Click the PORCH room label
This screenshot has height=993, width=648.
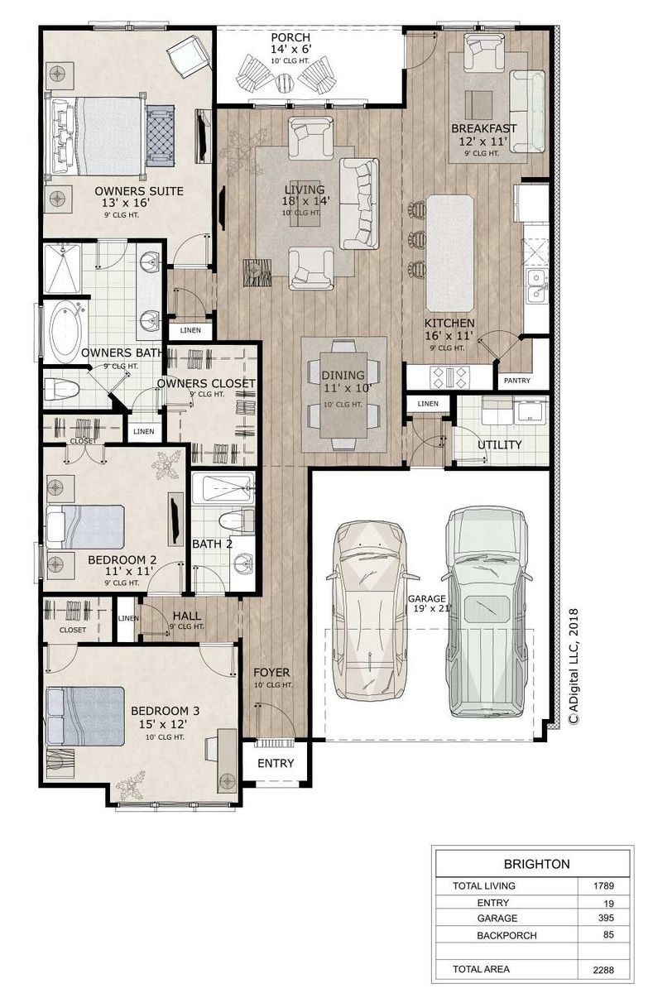[x=290, y=37]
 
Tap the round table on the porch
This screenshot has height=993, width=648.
[x=284, y=83]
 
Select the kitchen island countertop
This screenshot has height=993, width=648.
[x=449, y=253]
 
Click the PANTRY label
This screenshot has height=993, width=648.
[x=516, y=380]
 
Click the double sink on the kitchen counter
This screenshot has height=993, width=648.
[x=536, y=285]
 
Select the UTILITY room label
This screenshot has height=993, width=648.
[x=499, y=444]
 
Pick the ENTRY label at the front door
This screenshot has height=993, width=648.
[x=276, y=763]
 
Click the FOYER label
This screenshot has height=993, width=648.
[x=271, y=673]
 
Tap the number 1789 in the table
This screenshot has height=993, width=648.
[x=603, y=885]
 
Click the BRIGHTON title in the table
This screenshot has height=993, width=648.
[x=536, y=864]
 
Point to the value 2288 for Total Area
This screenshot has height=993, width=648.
[x=603, y=970]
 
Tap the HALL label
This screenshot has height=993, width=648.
[x=186, y=616]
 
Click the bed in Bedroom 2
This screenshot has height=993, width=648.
[x=85, y=526]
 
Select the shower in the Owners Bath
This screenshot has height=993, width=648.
[x=63, y=268]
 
